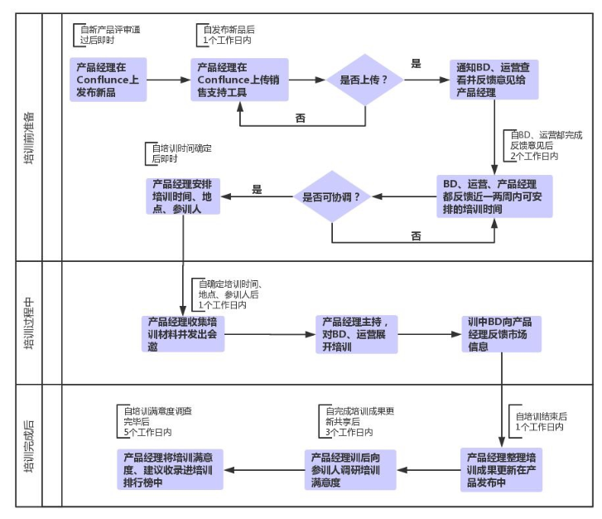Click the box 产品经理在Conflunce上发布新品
[108, 80]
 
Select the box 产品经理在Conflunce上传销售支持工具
[239, 80]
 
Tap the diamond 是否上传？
[364, 80]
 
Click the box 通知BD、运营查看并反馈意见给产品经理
[494, 80]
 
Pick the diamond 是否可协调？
[332, 196]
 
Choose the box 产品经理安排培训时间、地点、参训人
[183, 196]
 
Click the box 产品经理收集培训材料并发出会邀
[183, 333]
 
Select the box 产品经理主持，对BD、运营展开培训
[357, 334]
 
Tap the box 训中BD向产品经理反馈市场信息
[502, 333]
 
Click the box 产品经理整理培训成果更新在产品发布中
[502, 469]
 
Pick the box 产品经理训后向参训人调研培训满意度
[350, 469]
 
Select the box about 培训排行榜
[170, 469]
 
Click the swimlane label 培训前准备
[29, 138]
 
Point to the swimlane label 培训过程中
[29, 323]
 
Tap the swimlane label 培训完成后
[29, 446]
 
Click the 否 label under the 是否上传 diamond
[301, 118]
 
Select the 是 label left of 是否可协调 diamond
[257, 189]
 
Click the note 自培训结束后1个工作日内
[538, 421]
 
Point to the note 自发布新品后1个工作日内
[226, 35]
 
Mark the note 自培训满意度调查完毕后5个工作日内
[154, 421]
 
